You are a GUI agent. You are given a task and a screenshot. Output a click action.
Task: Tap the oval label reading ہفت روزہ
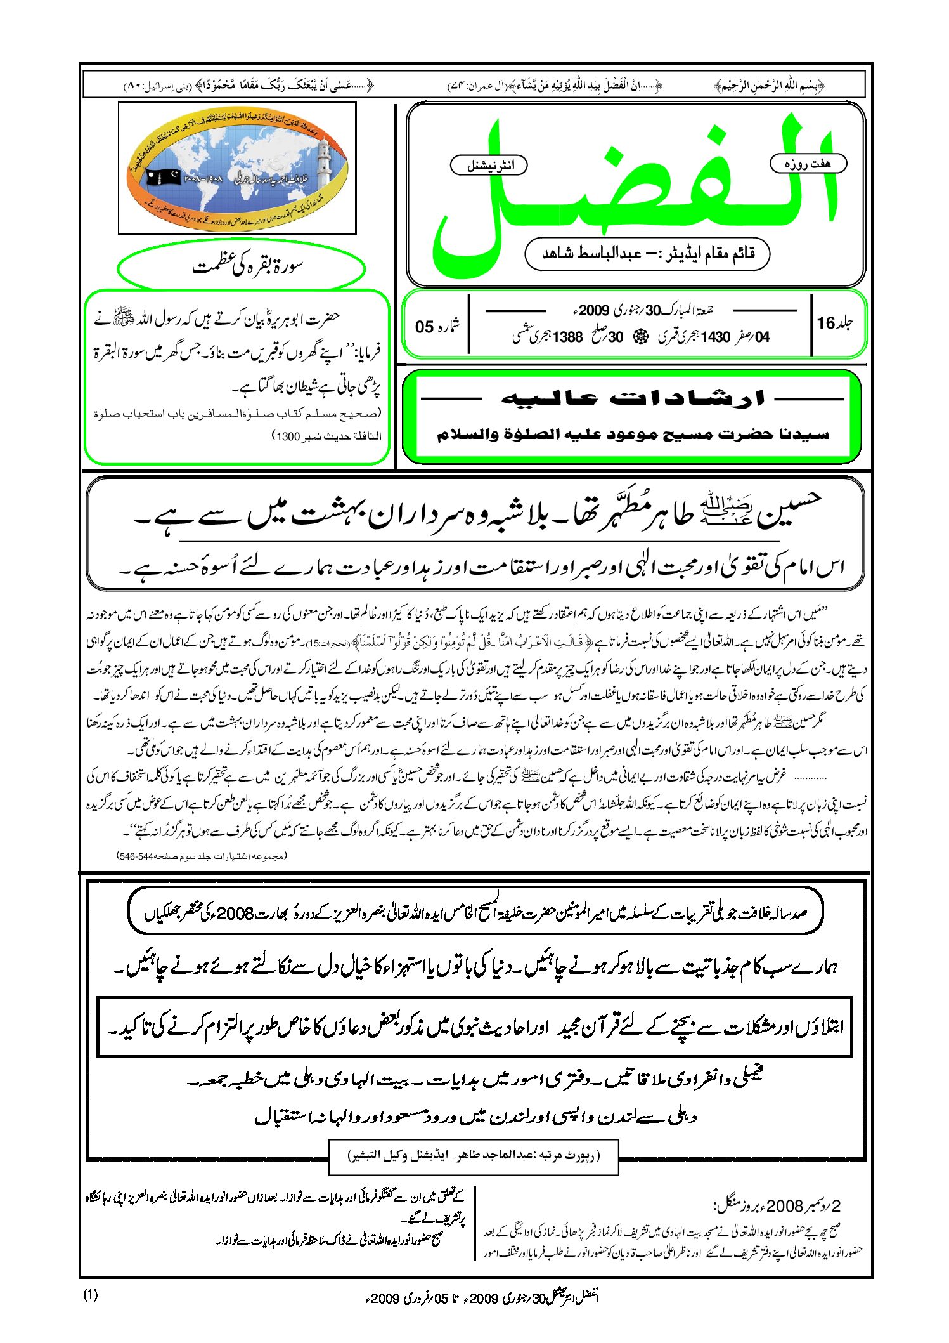pyautogui.click(x=808, y=164)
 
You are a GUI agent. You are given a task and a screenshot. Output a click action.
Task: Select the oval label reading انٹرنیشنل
pyautogui.click(x=489, y=166)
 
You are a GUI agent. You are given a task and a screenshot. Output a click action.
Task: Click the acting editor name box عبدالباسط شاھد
pyautogui.click(x=647, y=254)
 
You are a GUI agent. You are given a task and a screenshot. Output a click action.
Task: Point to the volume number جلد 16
pyautogui.click(x=834, y=324)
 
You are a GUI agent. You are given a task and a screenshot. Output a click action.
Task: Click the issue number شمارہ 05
pyautogui.click(x=437, y=326)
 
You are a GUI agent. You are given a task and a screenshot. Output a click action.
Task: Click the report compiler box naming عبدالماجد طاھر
pyautogui.click(x=473, y=1155)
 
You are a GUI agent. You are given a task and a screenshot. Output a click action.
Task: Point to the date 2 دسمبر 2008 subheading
pyautogui.click(x=777, y=1205)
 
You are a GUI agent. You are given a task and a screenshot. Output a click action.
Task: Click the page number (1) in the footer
pyautogui.click(x=91, y=1295)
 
